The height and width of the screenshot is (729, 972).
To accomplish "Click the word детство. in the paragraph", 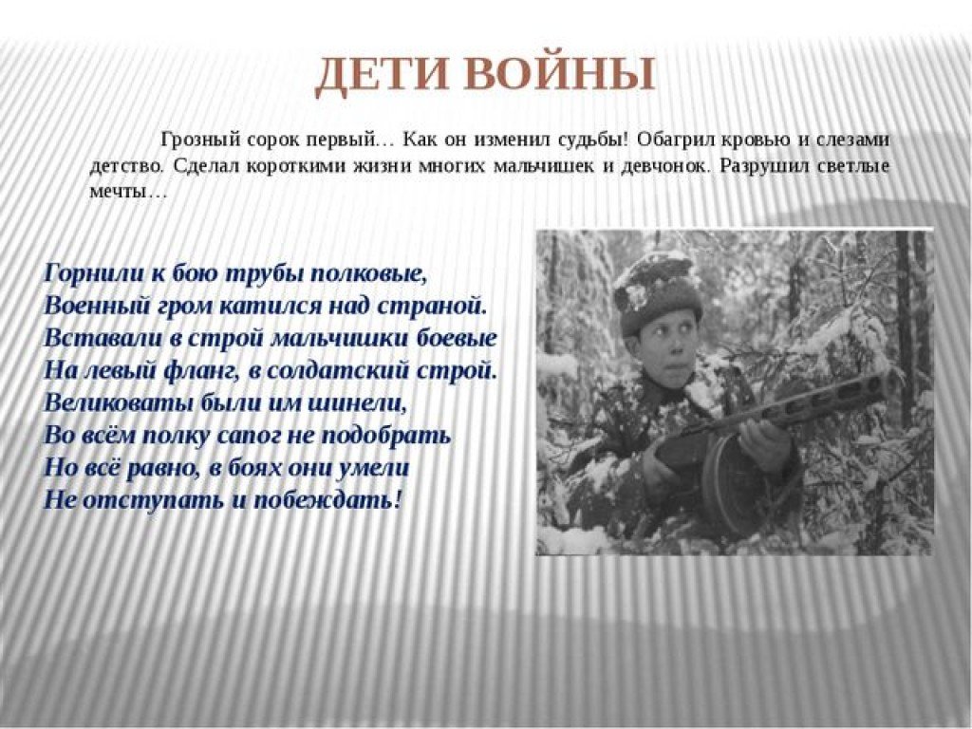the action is coord(128,167).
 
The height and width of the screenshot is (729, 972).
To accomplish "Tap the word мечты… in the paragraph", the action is coord(128,192).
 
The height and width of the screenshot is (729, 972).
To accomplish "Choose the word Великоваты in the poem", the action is coord(118,402).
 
